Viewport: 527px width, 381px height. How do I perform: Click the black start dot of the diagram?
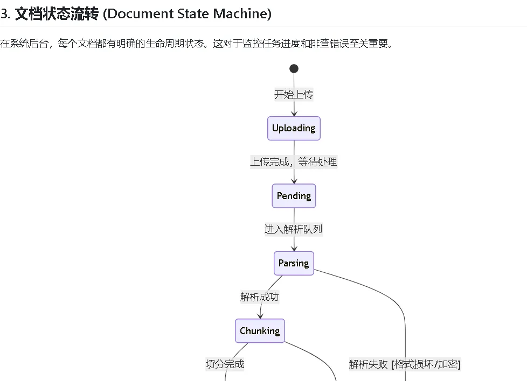coord(294,68)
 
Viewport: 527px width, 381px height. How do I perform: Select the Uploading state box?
coord(294,128)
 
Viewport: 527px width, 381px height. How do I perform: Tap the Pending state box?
coord(294,196)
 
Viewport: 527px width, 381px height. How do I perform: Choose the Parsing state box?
coord(294,263)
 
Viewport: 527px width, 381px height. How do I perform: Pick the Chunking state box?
coord(260,331)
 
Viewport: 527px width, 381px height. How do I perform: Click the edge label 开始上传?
coord(294,95)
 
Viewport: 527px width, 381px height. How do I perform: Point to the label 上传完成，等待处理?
coord(294,162)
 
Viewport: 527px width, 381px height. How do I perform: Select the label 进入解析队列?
coord(294,229)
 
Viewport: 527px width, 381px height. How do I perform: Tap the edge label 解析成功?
coord(260,297)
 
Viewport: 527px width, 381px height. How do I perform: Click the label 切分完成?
coord(225,364)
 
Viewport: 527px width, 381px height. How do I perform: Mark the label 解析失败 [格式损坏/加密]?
coord(405,364)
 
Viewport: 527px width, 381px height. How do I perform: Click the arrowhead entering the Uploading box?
coord(294,113)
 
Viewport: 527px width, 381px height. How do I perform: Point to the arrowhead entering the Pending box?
coord(294,180)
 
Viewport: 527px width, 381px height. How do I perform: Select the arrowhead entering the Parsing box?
coord(294,248)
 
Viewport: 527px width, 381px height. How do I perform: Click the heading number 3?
coord(5,13)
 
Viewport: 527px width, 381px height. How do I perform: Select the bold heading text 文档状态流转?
coord(57,13)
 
